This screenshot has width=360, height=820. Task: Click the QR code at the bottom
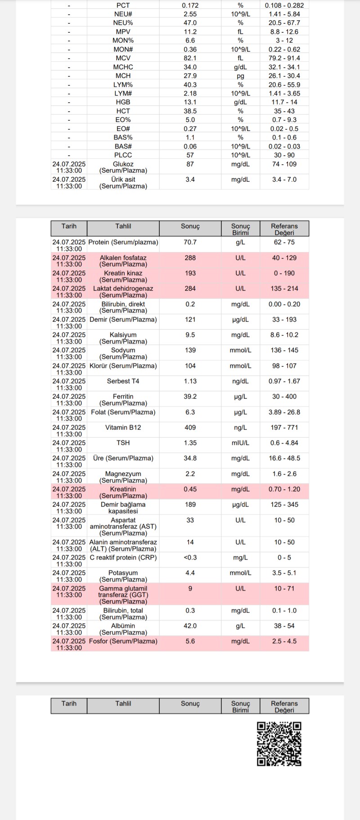click(x=279, y=743)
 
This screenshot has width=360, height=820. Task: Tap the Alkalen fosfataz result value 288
click(x=190, y=258)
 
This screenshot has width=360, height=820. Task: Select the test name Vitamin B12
click(x=123, y=428)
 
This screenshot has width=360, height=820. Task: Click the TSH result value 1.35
click(x=190, y=443)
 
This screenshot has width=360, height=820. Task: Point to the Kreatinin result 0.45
click(x=190, y=489)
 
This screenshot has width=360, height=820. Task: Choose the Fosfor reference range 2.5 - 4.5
click(x=284, y=641)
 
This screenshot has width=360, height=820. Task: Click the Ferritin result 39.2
click(x=190, y=396)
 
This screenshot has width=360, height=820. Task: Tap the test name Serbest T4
click(x=123, y=381)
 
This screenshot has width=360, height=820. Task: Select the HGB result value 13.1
click(x=190, y=102)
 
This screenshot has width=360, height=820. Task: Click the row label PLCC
click(x=123, y=155)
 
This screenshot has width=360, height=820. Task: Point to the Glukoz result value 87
click(x=190, y=164)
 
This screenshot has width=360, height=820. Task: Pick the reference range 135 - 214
click(x=284, y=288)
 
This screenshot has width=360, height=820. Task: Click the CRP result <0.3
click(x=190, y=558)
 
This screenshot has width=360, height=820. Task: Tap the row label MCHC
click(x=123, y=67)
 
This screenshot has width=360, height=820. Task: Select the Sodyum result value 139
click(x=190, y=350)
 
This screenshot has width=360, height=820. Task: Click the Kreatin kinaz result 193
click(x=190, y=273)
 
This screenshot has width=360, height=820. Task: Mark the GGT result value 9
click(x=190, y=588)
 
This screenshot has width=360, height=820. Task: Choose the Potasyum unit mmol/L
click(x=240, y=573)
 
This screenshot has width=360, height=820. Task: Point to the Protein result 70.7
click(x=190, y=242)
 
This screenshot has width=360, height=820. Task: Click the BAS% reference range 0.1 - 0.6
click(x=284, y=138)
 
